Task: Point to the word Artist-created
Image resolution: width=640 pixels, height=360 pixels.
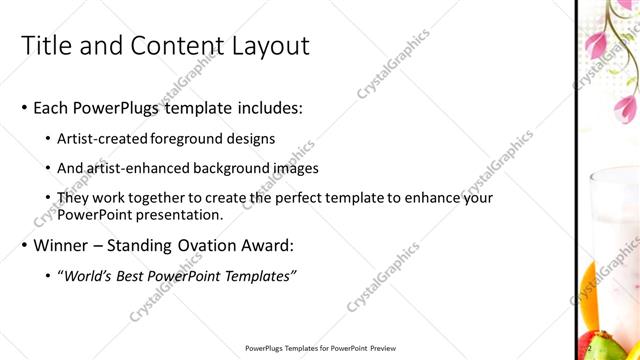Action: (x=105, y=138)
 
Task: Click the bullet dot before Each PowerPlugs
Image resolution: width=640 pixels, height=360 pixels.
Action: (x=24, y=109)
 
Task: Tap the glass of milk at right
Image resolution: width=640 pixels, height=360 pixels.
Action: (x=612, y=215)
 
